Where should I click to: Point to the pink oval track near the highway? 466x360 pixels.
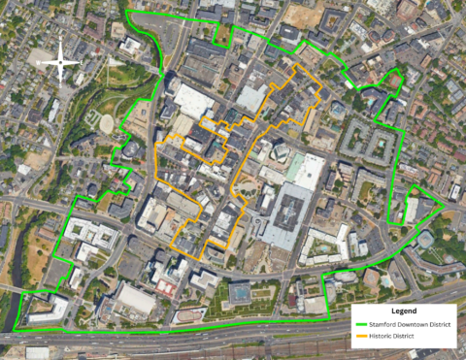click(167, 287)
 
